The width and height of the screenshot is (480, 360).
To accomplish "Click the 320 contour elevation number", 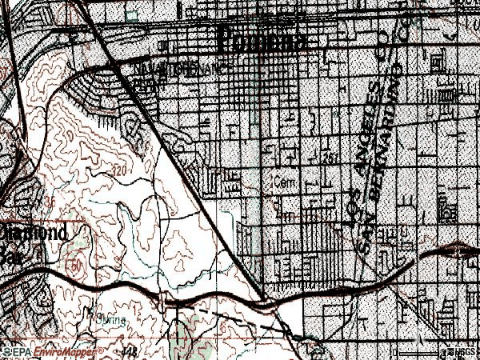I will (121, 171).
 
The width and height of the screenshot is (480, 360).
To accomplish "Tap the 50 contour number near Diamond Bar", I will (77, 264).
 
